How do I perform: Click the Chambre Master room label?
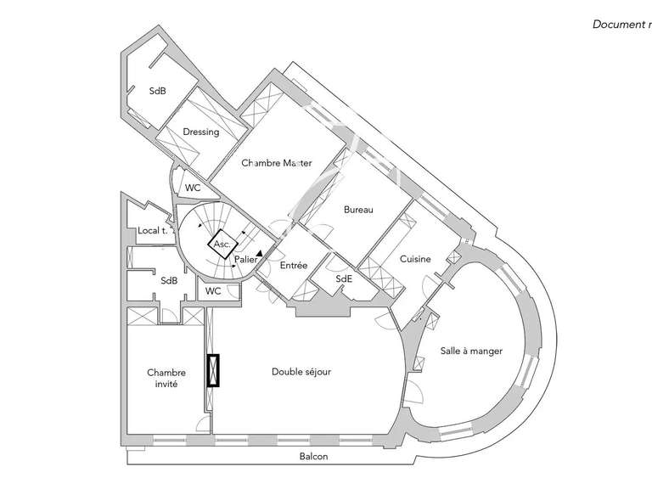click(276, 163)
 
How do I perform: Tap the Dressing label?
click(200, 132)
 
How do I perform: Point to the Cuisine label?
click(415, 259)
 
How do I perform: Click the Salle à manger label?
click(471, 351)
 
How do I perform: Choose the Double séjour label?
click(301, 371)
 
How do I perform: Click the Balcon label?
click(313, 457)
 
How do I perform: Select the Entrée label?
click(293, 266)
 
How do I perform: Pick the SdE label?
click(344, 278)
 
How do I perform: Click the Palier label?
click(245, 259)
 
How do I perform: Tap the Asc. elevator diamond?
click(222, 244)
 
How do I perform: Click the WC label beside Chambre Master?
click(194, 188)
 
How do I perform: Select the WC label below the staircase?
click(213, 290)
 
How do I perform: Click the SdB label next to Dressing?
click(157, 91)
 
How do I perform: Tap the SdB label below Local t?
click(168, 281)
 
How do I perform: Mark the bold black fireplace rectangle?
click(211, 371)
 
